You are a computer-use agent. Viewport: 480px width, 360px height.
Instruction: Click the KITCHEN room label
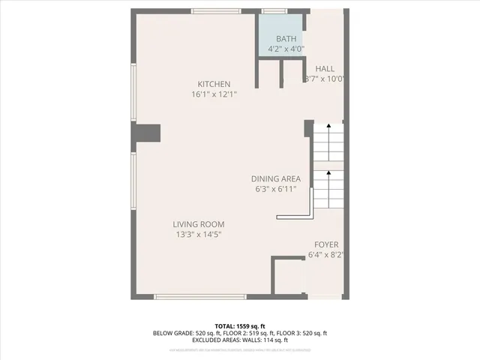tap(214, 84)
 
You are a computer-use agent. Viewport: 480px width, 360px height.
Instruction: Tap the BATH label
tap(286, 39)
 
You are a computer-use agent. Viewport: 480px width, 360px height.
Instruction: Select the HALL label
tap(325, 68)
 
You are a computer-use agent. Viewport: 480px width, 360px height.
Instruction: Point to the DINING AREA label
tap(275, 178)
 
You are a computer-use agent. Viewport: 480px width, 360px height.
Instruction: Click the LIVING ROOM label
tap(199, 224)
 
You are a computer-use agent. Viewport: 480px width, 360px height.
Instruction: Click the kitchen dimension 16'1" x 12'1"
tap(214, 94)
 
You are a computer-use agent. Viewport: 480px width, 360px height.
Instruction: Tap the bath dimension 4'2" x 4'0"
tap(286, 49)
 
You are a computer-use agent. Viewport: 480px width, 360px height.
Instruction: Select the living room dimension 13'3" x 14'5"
tap(199, 235)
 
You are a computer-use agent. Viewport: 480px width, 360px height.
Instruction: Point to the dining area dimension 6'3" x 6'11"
tap(275, 189)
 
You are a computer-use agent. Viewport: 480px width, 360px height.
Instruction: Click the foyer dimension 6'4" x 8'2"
tap(326, 256)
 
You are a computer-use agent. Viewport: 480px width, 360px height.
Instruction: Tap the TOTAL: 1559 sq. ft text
tap(240, 325)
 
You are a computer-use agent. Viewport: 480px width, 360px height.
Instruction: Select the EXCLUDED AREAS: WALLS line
tap(240, 340)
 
